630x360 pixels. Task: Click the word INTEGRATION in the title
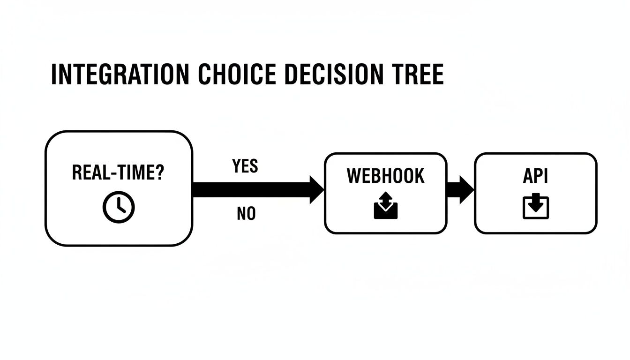pos(120,75)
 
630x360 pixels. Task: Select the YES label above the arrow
pos(245,166)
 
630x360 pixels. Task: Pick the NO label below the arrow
pos(246,214)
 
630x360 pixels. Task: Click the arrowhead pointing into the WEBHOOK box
pos(316,190)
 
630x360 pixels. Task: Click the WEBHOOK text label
pos(385,176)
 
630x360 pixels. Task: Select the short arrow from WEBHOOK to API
pos(460,190)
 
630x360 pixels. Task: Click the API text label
pos(535,176)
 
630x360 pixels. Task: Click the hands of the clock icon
pos(120,205)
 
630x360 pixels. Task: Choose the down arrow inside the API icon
pos(535,203)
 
